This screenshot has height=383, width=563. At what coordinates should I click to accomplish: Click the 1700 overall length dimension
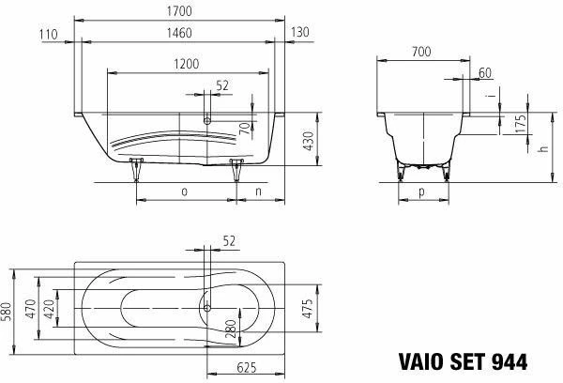179,11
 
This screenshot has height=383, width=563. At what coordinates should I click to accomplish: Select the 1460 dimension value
179,33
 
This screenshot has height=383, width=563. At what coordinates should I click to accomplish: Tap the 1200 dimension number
187,64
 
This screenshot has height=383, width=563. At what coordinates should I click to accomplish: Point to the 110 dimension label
49,35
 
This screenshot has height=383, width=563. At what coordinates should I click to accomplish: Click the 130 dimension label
300,32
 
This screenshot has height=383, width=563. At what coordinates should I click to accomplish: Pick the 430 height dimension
309,141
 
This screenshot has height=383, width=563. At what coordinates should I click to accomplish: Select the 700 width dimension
421,52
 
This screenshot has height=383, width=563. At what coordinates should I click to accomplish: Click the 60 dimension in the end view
485,73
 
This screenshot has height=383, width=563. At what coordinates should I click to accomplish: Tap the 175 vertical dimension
520,123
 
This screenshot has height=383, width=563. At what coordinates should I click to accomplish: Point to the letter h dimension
544,148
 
